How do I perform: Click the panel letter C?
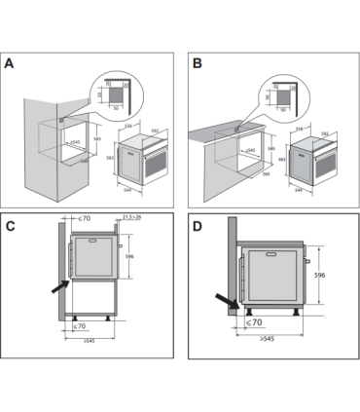point(11,228)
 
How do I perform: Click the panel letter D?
point(198,228)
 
